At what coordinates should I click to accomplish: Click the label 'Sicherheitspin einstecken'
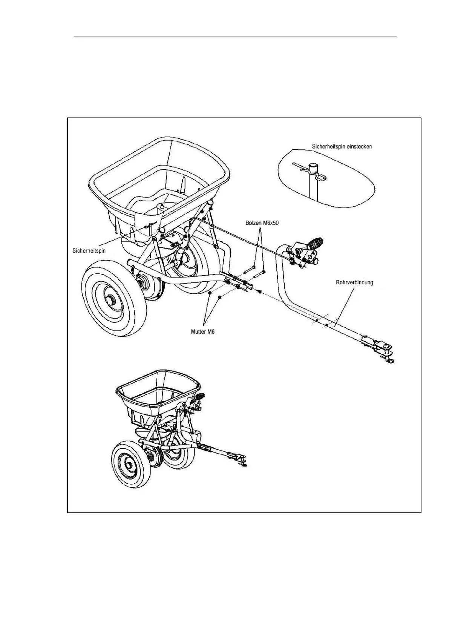[342, 146]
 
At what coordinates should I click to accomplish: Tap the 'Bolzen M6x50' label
[262, 223]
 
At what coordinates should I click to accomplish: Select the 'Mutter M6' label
[202, 332]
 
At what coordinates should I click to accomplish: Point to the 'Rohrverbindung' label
[354, 282]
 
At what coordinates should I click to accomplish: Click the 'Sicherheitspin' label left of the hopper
[89, 250]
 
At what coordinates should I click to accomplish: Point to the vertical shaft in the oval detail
[313, 185]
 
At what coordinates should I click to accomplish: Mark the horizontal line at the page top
[235, 37]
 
